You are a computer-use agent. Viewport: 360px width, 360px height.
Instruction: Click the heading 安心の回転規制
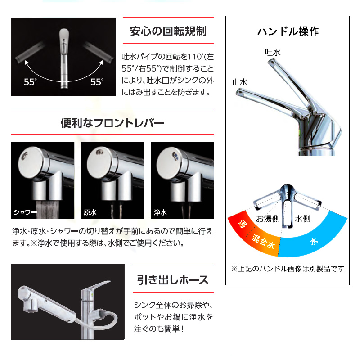pyautogui.click(x=168, y=31)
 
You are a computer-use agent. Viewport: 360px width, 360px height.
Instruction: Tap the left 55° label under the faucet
pyautogui.click(x=30, y=82)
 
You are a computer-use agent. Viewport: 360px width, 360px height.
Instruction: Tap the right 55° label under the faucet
pyautogui.click(x=97, y=82)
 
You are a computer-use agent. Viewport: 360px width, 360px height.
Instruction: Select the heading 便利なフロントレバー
pyautogui.click(x=112, y=123)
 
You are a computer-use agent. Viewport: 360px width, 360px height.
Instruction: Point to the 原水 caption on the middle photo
pyautogui.click(x=90, y=212)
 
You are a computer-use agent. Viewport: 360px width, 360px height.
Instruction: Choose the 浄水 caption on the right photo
pyautogui.click(x=160, y=212)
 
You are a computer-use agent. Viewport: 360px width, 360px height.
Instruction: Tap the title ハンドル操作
pyautogui.click(x=288, y=31)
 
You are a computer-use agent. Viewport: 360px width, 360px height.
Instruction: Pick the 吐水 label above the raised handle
pyautogui.click(x=273, y=53)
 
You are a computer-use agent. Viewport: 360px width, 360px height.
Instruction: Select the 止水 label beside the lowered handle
pyautogui.click(x=239, y=82)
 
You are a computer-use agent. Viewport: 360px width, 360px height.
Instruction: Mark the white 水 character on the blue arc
pyautogui.click(x=313, y=242)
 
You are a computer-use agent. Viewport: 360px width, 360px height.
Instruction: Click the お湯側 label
pyautogui.click(x=268, y=219)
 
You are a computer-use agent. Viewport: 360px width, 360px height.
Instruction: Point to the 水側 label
pyautogui.click(x=302, y=219)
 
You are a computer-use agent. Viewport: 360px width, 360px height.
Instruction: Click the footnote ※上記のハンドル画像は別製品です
pyautogui.click(x=288, y=269)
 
